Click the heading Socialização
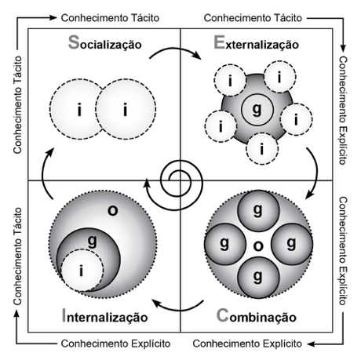[x=105, y=43]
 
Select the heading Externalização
[x=256, y=43]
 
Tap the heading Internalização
[x=104, y=316]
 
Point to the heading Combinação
[x=257, y=316]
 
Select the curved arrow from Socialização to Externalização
[x=175, y=49]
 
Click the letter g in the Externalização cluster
[x=257, y=109]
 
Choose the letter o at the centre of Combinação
[x=258, y=246]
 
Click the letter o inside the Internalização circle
[x=113, y=210]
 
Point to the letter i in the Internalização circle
[x=82, y=271]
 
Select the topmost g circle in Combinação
[x=258, y=211]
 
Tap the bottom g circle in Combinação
[x=258, y=278]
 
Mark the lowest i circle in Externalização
[x=262, y=148]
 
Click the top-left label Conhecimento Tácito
[x=110, y=18]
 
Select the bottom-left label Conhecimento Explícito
[x=115, y=344]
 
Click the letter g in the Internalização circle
[x=92, y=241]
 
